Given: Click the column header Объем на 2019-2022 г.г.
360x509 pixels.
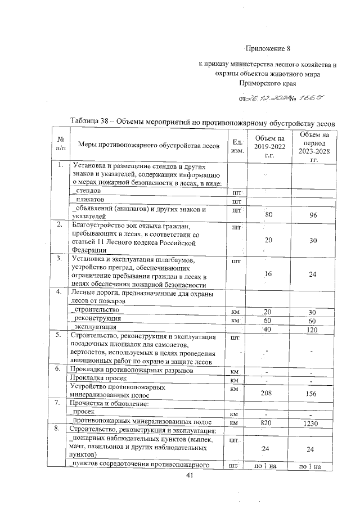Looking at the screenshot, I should coord(269,146).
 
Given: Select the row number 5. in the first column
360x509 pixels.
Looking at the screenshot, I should coord(59,336).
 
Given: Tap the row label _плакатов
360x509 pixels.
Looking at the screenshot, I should coord(90,200).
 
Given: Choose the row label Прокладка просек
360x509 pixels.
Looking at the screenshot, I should coord(96,380).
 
